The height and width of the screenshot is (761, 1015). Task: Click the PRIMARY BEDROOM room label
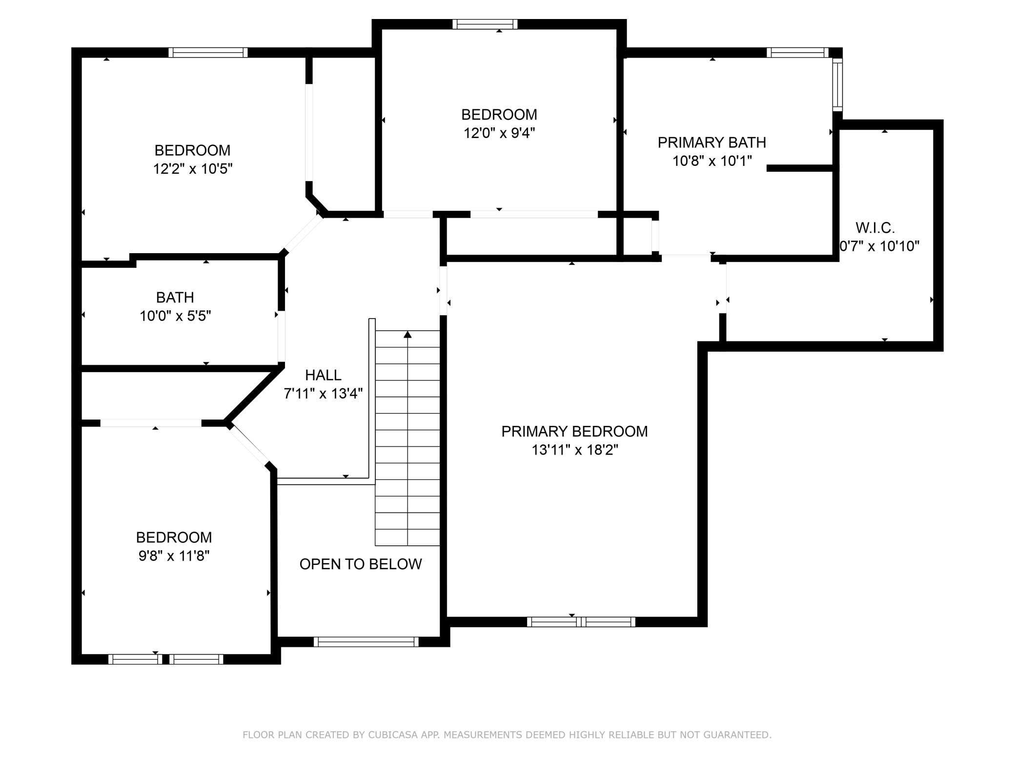574,431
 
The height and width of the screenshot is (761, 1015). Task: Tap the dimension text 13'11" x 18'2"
574,450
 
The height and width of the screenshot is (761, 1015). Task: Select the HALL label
323,375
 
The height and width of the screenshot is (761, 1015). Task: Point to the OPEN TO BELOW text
361,564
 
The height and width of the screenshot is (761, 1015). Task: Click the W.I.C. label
875,228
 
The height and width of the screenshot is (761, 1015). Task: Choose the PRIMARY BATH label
712,142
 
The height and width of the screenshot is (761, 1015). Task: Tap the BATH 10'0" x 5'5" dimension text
175,316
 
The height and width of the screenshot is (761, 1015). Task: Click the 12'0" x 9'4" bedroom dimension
499,133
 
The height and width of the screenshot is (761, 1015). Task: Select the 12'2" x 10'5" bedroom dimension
193,169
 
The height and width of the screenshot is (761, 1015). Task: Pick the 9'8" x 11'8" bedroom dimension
174,556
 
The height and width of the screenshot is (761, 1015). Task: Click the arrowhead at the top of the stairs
407,334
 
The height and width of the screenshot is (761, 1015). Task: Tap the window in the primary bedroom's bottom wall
581,622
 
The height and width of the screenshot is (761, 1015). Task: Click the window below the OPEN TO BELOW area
366,642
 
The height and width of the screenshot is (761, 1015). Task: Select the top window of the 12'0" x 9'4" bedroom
485,24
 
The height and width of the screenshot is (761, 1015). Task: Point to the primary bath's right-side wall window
837,84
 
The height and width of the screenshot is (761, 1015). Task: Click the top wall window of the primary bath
797,53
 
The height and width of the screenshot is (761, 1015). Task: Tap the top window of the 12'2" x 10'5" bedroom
208,53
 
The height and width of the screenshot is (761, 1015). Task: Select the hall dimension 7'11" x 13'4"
323,394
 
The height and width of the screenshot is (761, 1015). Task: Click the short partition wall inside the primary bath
800,168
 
